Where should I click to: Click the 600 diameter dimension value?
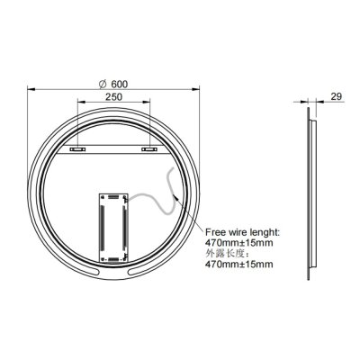[x=118, y=84]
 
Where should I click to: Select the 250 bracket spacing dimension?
[x=112, y=99]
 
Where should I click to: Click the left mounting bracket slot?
[x=76, y=149]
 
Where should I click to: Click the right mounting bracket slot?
[x=148, y=149]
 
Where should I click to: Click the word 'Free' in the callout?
[x=216, y=231]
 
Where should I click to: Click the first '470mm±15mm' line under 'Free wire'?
[x=239, y=243]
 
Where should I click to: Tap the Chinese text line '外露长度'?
[x=231, y=255]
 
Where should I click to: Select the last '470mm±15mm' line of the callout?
[x=239, y=266]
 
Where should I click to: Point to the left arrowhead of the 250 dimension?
[x=72, y=106]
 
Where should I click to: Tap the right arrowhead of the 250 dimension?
[x=153, y=106]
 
